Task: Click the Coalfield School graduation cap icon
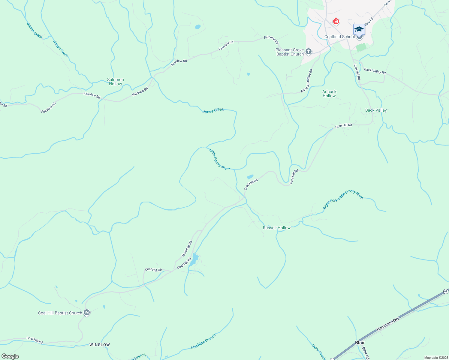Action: tap(359, 29)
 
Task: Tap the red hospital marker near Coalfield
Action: tap(336, 22)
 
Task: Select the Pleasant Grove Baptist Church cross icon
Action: tap(309, 52)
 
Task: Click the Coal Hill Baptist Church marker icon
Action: tap(87, 313)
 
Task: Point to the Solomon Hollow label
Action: tap(116, 82)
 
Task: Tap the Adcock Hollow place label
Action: tap(329, 94)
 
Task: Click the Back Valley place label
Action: tap(376, 110)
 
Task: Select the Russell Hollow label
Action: tap(277, 228)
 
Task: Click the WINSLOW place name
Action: tap(100, 345)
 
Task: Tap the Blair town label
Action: tap(360, 342)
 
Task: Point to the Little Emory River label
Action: tap(220, 160)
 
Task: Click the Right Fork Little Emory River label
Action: tap(343, 199)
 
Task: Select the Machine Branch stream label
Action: tap(203, 341)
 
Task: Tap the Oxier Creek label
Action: tap(318, 352)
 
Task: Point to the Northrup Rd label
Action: tap(187, 249)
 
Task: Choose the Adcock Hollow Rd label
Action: tap(307, 81)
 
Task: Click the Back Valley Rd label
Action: tap(375, 71)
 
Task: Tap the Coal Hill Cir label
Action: tap(153, 270)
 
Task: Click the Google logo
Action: tap(10, 356)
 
